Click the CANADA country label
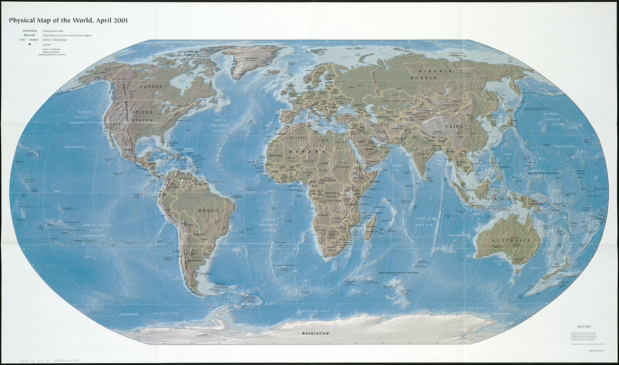[151, 87]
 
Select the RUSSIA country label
[423, 78]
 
